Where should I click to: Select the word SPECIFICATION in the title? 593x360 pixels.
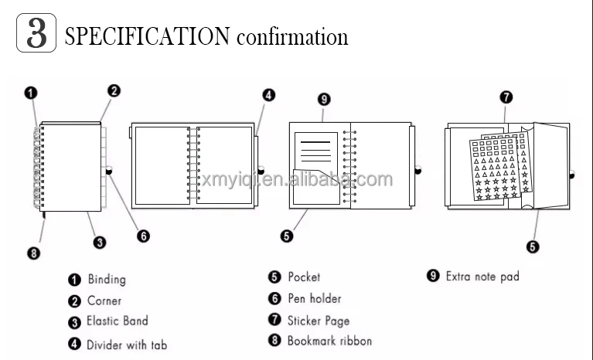pos(147,36)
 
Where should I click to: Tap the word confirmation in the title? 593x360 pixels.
pos(292,36)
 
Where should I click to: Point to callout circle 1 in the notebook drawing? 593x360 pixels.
pos(30,93)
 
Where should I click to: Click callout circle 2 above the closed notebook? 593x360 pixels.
pos(114,90)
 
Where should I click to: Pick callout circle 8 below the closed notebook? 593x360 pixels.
pos(33,252)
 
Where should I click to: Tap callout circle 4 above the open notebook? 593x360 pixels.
pos(268,95)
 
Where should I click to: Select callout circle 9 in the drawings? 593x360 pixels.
pos(324,99)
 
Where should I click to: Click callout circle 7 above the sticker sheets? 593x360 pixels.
pos(506,97)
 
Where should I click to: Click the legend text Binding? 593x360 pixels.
pos(106,280)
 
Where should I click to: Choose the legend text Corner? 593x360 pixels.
pos(104,301)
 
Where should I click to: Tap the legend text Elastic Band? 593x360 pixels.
pos(117,321)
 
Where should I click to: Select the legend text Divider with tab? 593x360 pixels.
pos(126,345)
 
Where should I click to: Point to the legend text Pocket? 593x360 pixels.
pos(304,277)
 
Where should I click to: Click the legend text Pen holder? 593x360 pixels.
pos(314,298)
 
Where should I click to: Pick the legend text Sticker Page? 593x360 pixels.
pos(318,320)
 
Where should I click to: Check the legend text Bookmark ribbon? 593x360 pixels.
pos(329,341)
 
